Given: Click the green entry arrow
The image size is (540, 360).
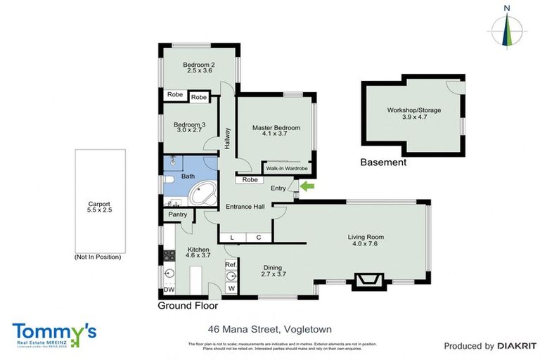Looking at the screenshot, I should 307,186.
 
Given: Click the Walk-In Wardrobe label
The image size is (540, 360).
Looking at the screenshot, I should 288,169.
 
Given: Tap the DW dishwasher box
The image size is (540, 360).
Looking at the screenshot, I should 169,289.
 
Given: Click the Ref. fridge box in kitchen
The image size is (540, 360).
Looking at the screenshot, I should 230,264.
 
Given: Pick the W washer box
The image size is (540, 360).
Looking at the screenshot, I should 231,288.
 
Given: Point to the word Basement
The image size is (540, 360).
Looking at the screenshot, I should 383,162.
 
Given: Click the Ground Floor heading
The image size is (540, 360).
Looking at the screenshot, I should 187,306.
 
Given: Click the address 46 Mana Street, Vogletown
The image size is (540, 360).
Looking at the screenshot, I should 269,329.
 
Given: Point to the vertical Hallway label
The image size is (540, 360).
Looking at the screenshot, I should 228,136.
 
